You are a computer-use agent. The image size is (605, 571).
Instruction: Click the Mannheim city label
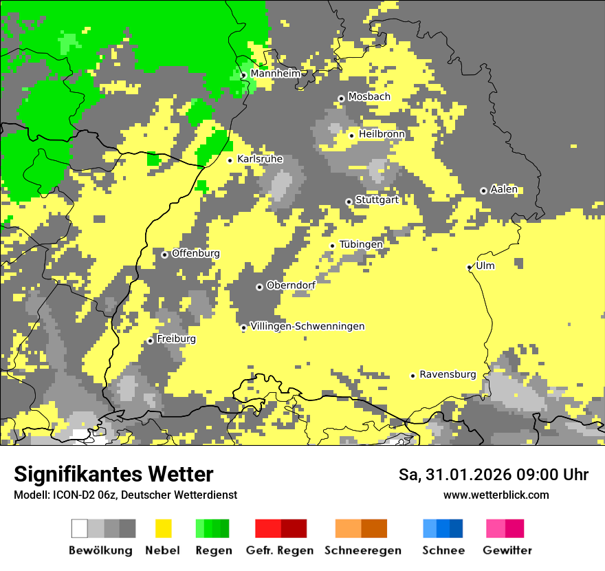[276, 74]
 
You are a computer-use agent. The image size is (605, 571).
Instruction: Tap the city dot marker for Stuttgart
[349, 202]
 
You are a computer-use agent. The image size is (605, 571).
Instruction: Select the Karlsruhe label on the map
[260, 159]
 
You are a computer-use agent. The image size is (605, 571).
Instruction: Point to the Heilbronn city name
[382, 134]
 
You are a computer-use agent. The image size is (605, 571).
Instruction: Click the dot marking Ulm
[470, 267]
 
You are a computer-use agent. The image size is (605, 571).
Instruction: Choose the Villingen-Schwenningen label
[307, 326]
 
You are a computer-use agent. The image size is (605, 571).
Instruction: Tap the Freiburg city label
[176, 339]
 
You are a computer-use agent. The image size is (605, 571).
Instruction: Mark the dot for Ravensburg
[413, 376]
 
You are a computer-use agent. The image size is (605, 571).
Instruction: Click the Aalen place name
[504, 189]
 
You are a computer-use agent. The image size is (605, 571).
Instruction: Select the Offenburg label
[196, 253]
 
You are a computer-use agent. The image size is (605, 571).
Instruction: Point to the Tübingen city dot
[333, 246]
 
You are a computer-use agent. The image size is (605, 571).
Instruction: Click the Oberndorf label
[291, 285]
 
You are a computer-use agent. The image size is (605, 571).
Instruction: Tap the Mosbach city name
[369, 97]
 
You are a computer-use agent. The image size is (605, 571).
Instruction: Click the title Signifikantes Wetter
[113, 475]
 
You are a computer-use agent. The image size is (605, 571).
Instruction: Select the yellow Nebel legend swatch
[164, 528]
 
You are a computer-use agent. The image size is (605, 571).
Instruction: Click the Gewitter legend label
[507, 550]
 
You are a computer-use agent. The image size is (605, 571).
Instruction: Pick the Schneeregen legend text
[363, 550]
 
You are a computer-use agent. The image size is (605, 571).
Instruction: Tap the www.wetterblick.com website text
[496, 495]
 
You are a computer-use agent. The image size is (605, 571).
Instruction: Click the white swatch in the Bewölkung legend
[80, 528]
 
